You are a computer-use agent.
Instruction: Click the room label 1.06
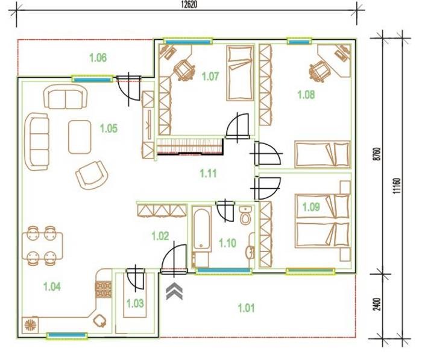(98, 58)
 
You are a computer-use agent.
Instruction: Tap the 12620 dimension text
(189, 5)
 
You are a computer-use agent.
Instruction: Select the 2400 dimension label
(377, 304)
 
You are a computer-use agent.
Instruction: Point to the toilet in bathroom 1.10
(245, 215)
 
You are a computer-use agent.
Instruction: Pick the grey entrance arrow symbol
(174, 291)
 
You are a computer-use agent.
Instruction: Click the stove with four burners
(103, 289)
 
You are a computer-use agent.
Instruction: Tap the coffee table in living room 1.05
(80, 137)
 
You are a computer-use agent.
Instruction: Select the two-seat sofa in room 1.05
(65, 96)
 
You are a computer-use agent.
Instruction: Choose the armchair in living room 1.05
(92, 175)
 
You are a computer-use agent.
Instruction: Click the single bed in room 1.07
(240, 73)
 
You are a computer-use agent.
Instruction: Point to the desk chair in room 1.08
(318, 71)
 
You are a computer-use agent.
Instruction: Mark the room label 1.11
(208, 173)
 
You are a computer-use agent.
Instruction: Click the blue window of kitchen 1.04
(67, 335)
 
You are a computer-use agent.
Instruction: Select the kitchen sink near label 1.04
(99, 321)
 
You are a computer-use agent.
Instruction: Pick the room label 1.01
(246, 308)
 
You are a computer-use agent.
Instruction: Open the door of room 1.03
(136, 280)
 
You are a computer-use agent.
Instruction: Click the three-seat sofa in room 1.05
(37, 142)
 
